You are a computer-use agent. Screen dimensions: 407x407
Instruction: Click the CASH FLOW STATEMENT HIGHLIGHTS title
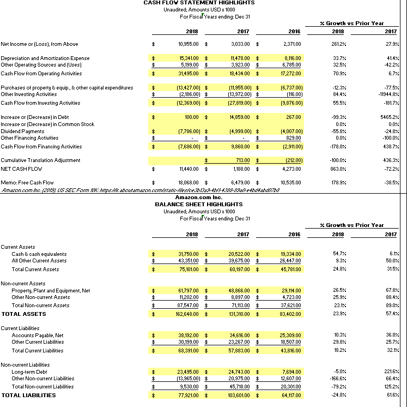pos(199,3)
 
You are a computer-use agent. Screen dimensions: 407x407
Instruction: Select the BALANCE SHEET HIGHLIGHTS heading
pos(199,204)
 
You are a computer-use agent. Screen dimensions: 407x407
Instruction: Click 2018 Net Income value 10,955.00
pos(188,44)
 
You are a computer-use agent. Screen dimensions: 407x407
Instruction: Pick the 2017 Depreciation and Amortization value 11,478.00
pos(239,58)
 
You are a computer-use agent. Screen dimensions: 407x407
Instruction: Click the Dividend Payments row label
pos(22,131)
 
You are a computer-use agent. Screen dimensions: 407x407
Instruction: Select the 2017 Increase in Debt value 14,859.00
pos(239,117)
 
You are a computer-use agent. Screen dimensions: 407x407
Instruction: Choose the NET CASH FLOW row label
pos(21,169)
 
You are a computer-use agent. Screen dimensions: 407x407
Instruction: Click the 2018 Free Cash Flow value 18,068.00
pos(188,182)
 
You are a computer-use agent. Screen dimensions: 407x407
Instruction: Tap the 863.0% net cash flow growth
pos(337,169)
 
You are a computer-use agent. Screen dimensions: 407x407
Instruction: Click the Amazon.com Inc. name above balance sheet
pos(199,197)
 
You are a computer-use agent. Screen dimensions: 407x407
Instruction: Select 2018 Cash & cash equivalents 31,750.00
pos(188,254)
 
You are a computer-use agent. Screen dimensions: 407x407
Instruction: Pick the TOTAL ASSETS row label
pos(23,314)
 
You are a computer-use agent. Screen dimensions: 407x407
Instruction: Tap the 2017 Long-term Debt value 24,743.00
pos(239,372)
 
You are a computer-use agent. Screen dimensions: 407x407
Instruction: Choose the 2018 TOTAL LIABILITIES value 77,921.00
pos(188,395)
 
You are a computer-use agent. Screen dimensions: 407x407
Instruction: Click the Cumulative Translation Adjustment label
pos(40,160)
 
